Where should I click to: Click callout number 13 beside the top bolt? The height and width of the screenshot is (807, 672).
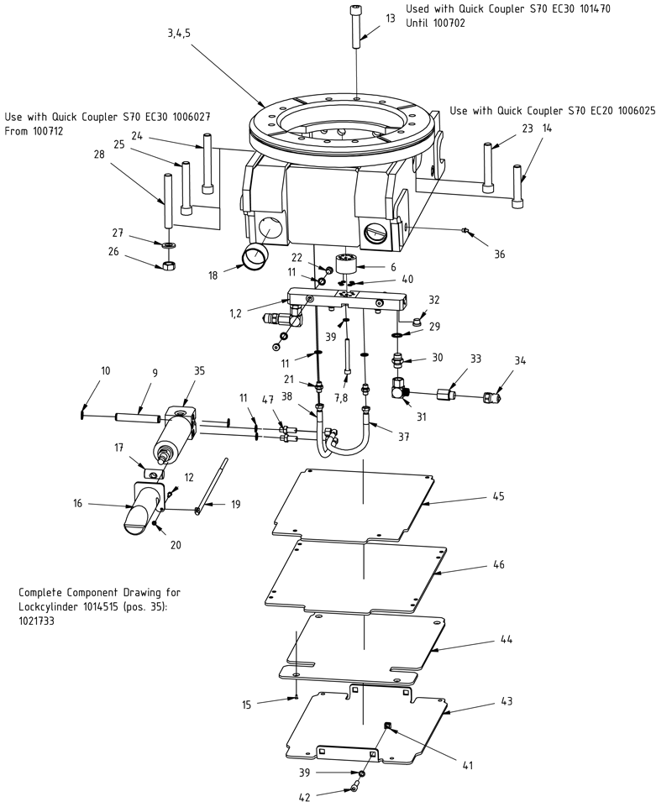point(390,18)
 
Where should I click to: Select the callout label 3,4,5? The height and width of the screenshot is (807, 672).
point(179,33)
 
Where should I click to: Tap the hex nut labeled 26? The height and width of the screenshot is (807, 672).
point(167,265)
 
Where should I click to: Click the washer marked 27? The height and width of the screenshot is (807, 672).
point(168,244)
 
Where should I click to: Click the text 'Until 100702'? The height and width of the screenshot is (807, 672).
point(435,24)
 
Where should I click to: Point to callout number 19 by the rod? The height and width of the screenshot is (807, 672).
point(236,504)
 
